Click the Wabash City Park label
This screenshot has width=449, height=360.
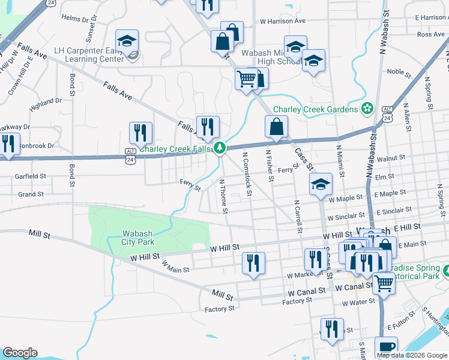pyautogui.click(x=139, y=238)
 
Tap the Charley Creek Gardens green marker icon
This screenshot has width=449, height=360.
pyautogui.click(x=367, y=109)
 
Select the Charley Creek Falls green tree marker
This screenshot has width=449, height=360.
pyautogui.click(x=220, y=147)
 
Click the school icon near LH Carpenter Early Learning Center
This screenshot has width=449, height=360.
pyautogui.click(x=127, y=41)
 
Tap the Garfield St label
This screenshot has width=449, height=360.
pyautogui.click(x=32, y=176)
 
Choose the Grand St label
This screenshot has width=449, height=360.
pyautogui.click(x=31, y=194)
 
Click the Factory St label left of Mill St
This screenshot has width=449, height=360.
pyautogui.click(x=219, y=309)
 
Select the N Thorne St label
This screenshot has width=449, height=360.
pyautogui.click(x=223, y=196)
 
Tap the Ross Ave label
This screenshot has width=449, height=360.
pyautogui.click(x=430, y=35)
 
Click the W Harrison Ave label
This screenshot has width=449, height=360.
pyautogui.click(x=283, y=21)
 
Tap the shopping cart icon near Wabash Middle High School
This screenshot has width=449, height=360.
pyautogui.click(x=246, y=79)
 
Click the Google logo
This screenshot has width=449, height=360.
pyautogui.click(x=20, y=353)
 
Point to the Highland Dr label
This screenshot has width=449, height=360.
pyautogui.click(x=46, y=101)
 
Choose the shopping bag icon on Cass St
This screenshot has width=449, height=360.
pyautogui.click(x=276, y=127)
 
